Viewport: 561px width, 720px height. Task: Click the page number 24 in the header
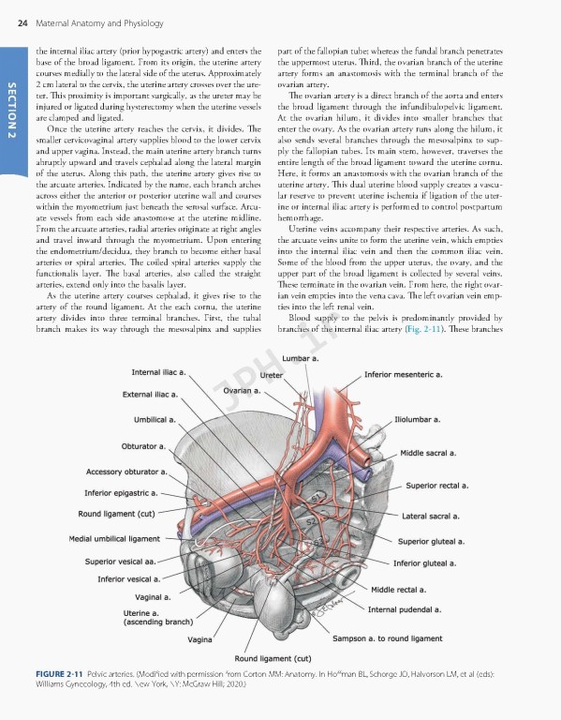[22, 10]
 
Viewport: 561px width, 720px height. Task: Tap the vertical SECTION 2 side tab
[12, 111]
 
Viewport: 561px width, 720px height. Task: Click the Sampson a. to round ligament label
[387, 638]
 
